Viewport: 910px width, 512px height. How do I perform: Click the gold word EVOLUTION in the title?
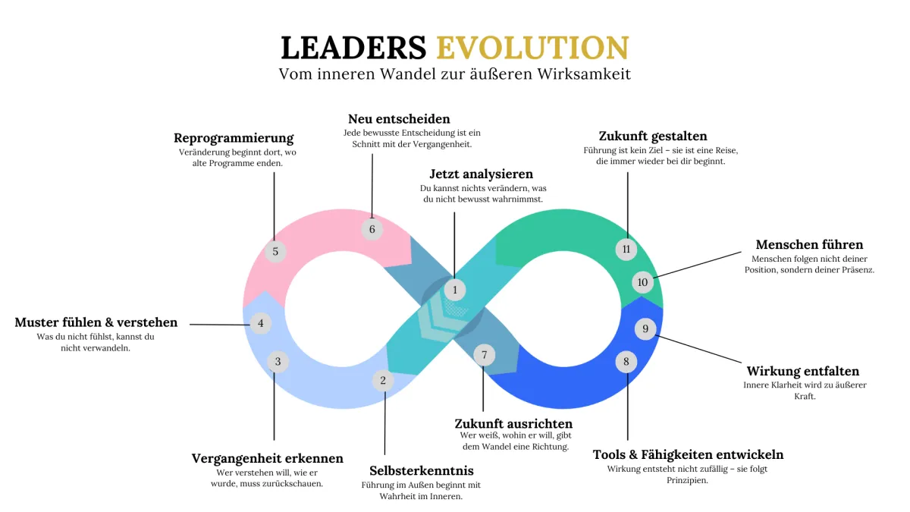(532, 47)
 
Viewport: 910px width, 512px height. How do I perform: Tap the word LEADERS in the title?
(353, 47)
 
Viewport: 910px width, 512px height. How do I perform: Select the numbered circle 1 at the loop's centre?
(455, 289)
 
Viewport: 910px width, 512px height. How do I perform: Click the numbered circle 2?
(383, 380)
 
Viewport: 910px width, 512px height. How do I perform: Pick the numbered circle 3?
(278, 362)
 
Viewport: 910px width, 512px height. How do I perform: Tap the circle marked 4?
(260, 323)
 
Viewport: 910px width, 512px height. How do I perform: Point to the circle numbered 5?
(275, 251)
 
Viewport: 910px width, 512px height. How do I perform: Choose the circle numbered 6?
(372, 229)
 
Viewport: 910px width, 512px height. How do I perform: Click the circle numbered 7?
(483, 354)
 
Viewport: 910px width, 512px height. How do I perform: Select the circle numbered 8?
(626, 362)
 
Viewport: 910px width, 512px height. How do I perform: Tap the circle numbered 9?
(645, 328)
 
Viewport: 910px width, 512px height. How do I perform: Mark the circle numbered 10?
(642, 283)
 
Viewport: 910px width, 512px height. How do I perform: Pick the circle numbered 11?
(626, 249)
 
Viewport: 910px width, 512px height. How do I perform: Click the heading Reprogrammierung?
(234, 138)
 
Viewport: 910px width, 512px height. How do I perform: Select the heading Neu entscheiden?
(399, 119)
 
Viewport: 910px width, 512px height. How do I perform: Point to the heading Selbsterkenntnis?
(421, 470)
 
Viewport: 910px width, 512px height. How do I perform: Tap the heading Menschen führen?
(809, 244)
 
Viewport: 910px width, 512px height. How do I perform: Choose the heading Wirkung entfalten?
(803, 371)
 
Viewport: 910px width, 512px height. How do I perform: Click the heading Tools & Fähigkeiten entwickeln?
(688, 454)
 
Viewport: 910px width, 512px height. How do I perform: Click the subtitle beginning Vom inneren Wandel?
(455, 74)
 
